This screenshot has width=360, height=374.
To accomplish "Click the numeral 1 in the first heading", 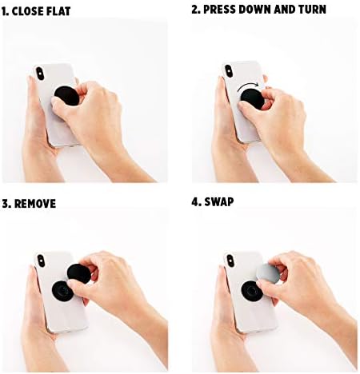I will tap(6, 10).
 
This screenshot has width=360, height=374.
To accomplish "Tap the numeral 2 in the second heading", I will tap(196, 10).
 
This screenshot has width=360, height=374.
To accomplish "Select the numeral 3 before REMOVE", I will tap(6, 204).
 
